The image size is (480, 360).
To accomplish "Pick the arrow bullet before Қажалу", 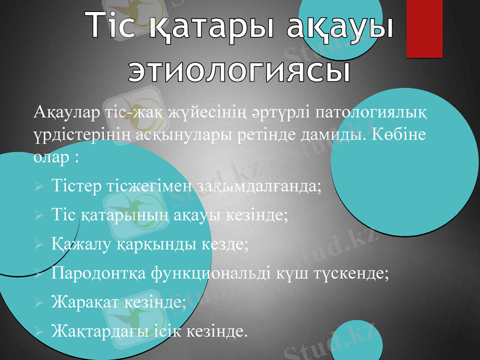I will [x=38, y=245].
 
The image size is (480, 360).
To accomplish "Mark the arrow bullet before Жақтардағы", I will [x=38, y=331].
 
